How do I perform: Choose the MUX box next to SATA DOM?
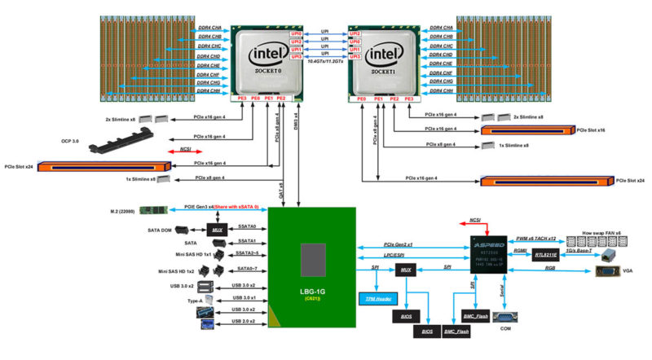click(x=218, y=230)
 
